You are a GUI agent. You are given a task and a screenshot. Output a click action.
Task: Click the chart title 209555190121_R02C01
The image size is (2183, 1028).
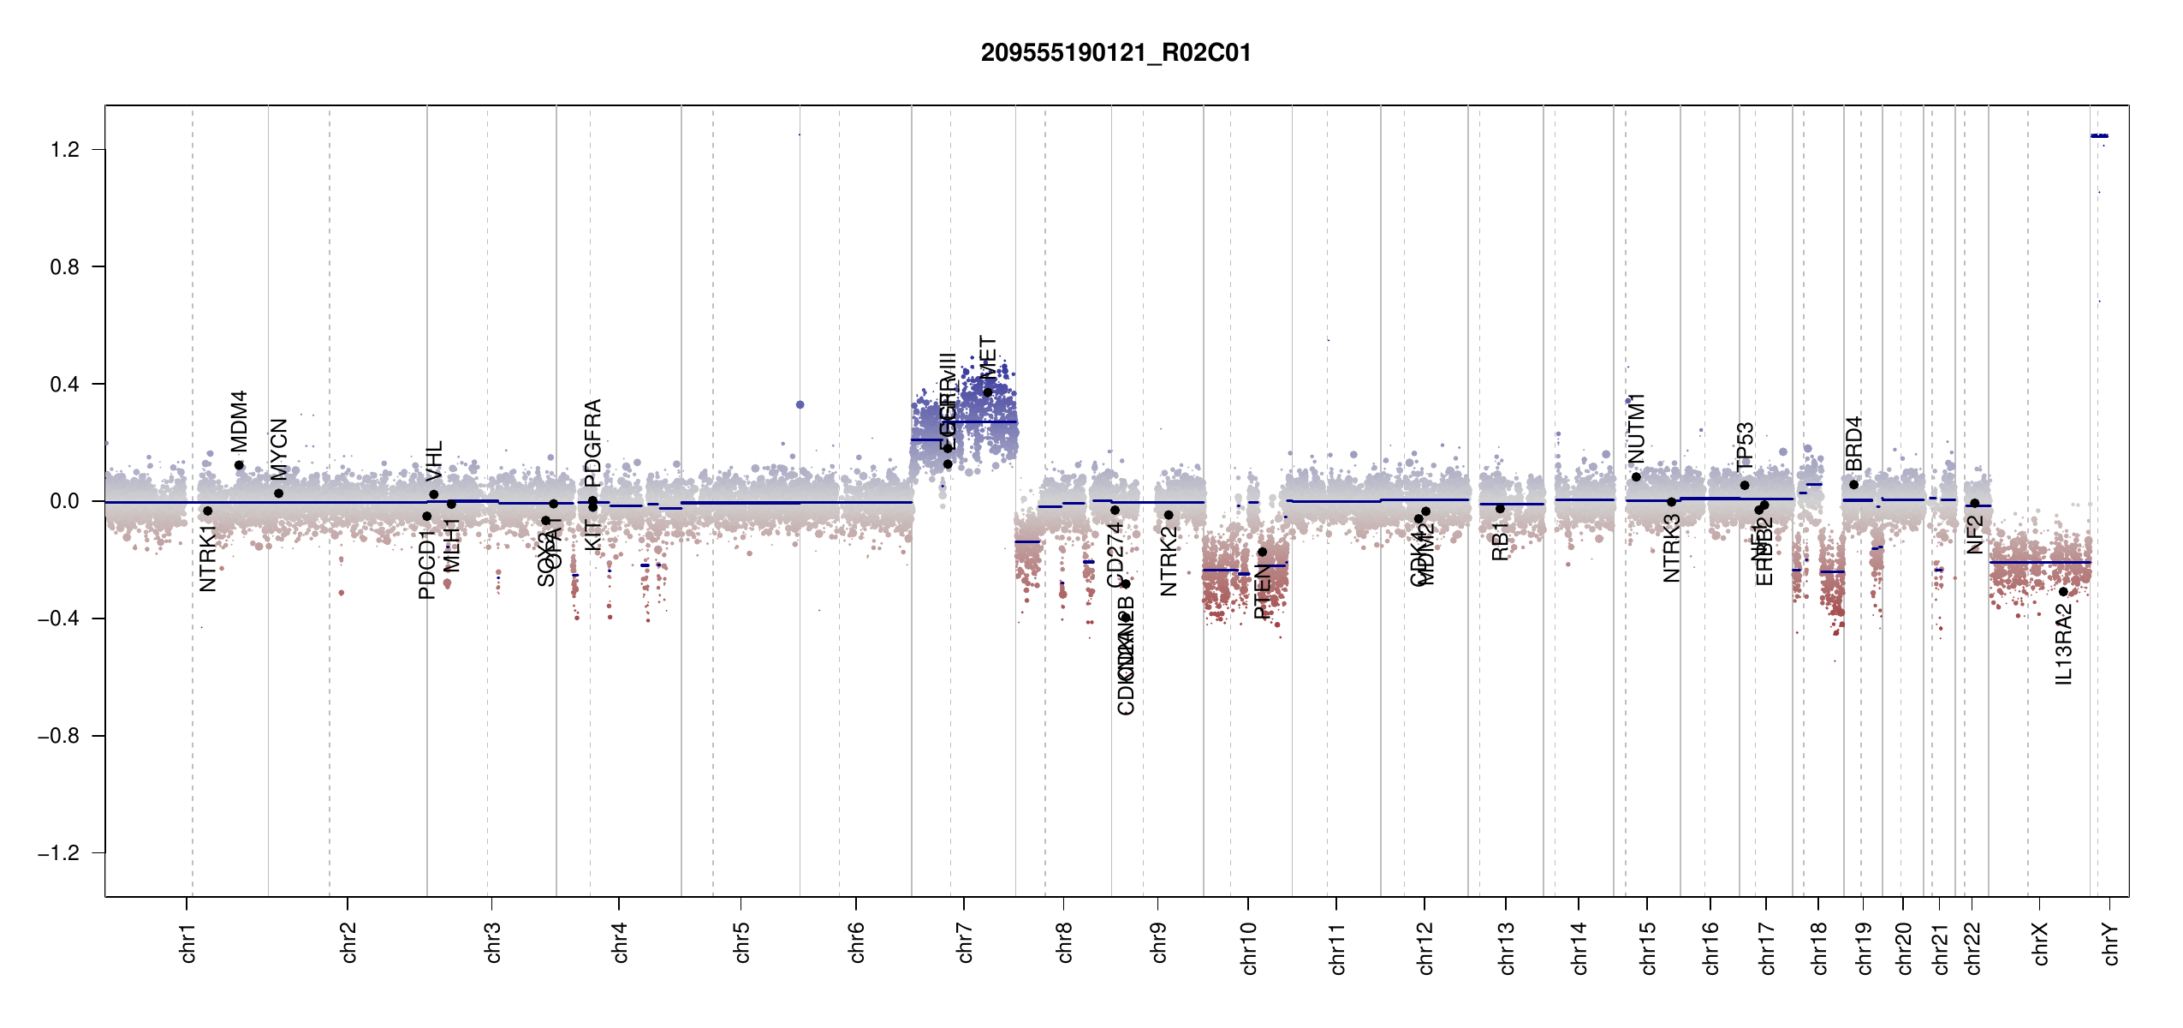coord(1115,53)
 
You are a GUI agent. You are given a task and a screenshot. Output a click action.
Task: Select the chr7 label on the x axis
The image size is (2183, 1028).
coord(965,942)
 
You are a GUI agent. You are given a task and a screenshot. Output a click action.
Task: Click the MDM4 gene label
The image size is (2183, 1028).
coord(239,421)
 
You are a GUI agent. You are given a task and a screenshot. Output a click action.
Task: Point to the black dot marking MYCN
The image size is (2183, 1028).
coord(278,493)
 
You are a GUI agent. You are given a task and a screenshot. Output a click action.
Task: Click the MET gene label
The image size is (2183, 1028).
coord(988,357)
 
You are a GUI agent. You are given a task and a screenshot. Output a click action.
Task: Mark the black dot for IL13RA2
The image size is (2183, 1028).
coord(2063,592)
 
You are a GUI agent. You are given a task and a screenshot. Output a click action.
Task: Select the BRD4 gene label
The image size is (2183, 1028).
coord(1853,444)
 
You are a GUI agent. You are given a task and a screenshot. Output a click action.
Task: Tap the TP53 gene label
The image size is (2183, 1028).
coord(1745,446)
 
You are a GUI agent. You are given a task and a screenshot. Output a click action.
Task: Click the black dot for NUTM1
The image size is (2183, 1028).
coord(1636,477)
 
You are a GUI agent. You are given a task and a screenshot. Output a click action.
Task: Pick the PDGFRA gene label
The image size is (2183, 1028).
coord(592,442)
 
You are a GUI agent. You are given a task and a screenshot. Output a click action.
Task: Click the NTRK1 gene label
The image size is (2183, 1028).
coord(207,559)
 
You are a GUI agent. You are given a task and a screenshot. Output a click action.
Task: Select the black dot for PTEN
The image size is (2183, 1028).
coord(1262,553)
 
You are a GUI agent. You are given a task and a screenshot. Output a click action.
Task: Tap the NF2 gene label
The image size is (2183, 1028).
coord(1974,535)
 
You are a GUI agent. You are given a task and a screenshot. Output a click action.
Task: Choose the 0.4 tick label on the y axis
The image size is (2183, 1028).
coord(64,385)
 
